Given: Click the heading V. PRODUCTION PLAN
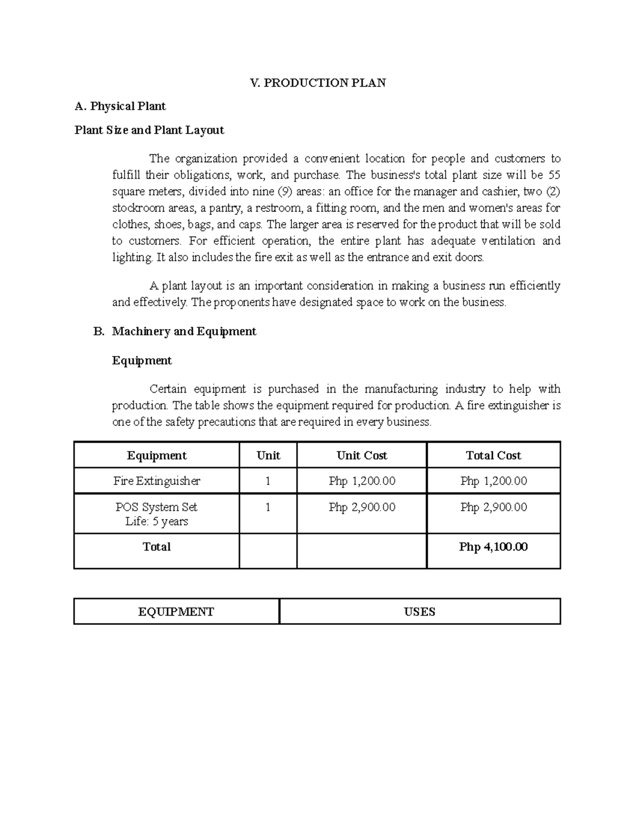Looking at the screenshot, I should coord(318,83).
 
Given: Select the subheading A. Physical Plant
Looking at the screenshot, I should coord(120,107).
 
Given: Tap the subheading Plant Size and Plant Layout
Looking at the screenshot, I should coord(149,130).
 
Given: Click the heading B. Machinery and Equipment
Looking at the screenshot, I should coord(184,332).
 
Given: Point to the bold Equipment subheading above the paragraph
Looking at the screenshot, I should coord(142,361).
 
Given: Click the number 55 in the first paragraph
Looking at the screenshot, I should coord(554,175).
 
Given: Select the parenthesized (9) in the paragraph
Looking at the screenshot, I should coord(285,191).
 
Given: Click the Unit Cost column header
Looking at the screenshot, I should coord(362,456).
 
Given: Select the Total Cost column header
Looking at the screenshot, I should coord(493,456).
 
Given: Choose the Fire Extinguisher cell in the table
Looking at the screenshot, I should coord(157,481).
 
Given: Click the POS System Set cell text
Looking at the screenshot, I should coord(157,507).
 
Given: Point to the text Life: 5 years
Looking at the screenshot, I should coord(157,521).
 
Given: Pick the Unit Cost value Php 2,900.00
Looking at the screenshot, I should coord(362,507).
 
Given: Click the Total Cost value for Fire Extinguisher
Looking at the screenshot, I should coord(493,481).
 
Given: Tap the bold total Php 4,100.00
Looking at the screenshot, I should coord(493,547).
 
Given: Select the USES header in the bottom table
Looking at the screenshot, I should coord(420,612).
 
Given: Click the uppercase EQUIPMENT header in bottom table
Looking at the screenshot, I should coord(176,612).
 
